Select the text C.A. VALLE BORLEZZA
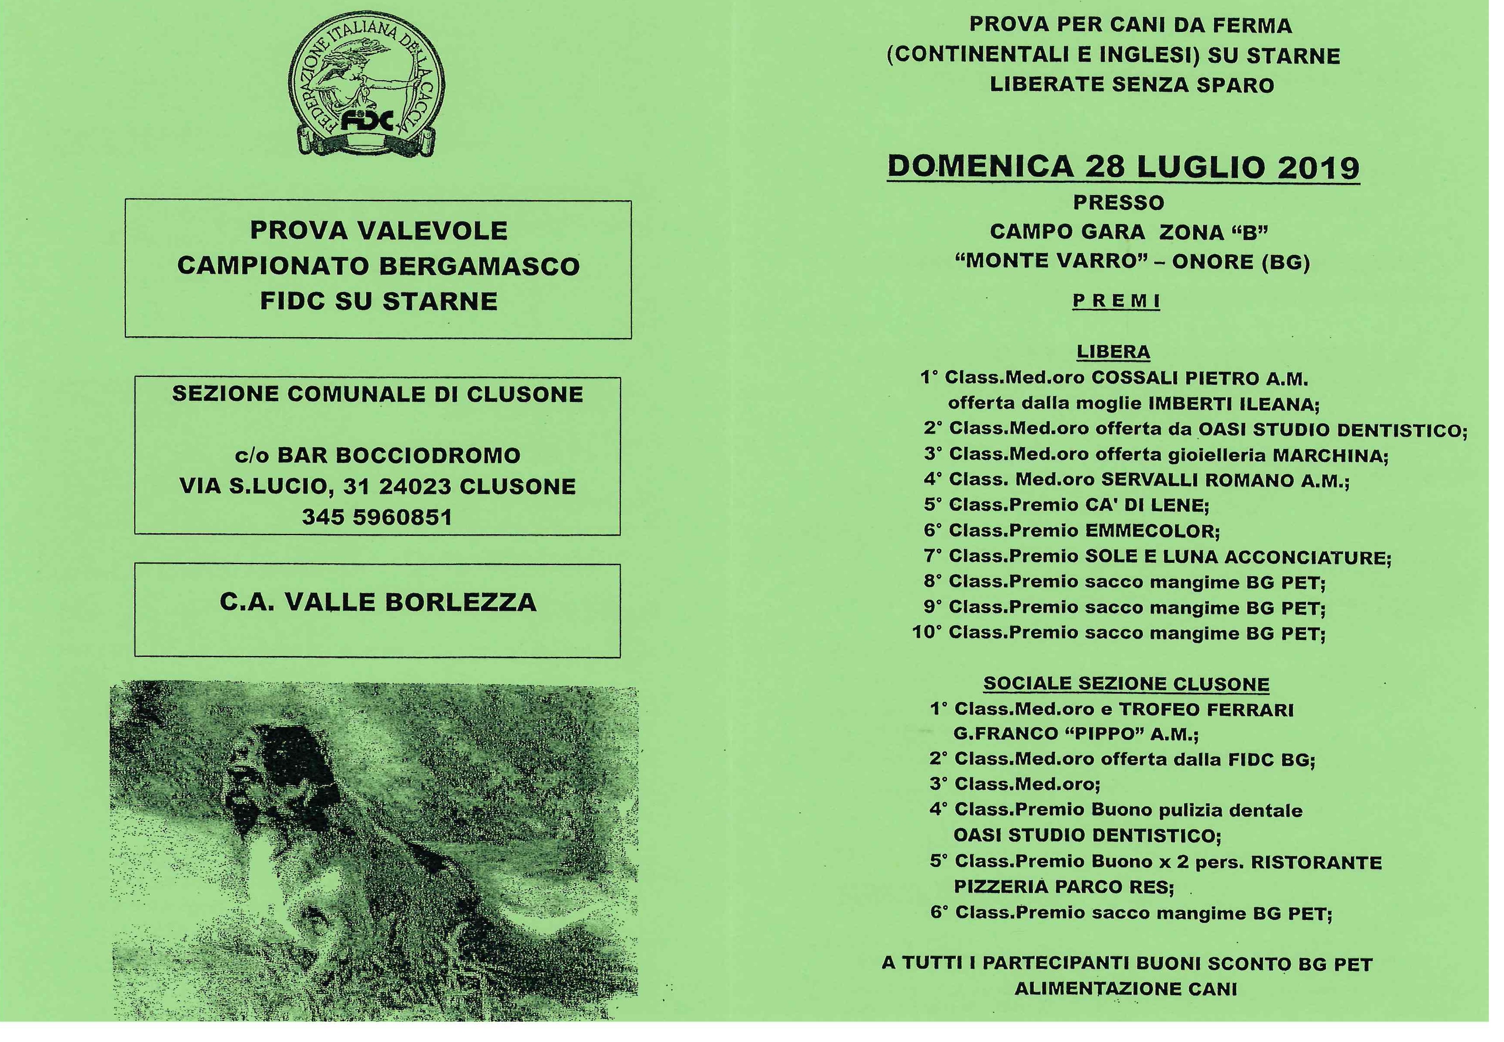(x=378, y=602)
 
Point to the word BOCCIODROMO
(x=428, y=455)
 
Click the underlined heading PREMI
(x=1116, y=301)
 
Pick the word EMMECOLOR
(x=1152, y=531)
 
